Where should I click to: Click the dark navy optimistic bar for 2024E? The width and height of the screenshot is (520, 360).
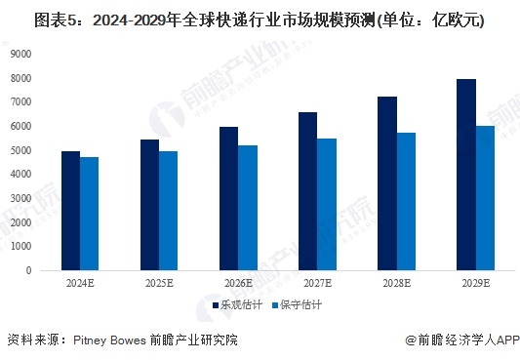click(70, 211)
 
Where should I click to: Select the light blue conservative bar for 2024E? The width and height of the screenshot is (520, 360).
click(89, 214)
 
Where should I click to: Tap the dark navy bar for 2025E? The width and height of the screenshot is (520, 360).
click(149, 205)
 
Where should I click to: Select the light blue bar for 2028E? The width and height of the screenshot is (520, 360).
click(405, 201)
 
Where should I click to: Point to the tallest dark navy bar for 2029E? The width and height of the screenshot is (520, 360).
click(465, 175)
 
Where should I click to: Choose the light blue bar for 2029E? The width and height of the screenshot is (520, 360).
click(485, 198)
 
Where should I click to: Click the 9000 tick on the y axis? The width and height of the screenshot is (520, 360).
click(20, 54)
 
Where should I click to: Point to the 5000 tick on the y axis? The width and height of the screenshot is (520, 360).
click(20, 150)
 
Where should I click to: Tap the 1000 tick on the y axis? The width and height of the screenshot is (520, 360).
click(20, 247)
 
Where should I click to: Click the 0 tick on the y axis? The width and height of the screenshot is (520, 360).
click(28, 270)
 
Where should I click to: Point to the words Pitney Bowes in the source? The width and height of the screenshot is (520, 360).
click(108, 340)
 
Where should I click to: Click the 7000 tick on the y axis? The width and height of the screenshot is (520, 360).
click(20, 101)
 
